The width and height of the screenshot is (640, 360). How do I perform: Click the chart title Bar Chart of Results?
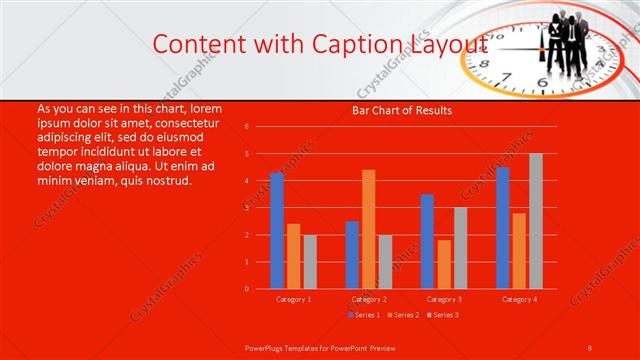402,110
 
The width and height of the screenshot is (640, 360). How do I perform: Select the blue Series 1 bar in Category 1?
277,231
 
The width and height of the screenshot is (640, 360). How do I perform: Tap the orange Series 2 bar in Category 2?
368,229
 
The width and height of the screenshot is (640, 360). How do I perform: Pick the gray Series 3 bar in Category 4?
536,221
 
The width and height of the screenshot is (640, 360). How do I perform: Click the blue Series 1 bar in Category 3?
427,241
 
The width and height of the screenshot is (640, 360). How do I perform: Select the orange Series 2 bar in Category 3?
444,264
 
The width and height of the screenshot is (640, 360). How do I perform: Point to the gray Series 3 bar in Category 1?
310,262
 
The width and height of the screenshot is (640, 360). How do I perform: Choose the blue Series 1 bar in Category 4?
503,228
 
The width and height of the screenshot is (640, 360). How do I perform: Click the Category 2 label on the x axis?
369,299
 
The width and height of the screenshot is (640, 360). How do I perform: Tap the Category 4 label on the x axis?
519,299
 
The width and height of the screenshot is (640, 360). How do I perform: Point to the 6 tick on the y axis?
247,127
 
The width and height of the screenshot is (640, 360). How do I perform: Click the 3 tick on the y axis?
247,208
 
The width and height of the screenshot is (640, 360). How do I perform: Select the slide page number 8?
589,347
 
